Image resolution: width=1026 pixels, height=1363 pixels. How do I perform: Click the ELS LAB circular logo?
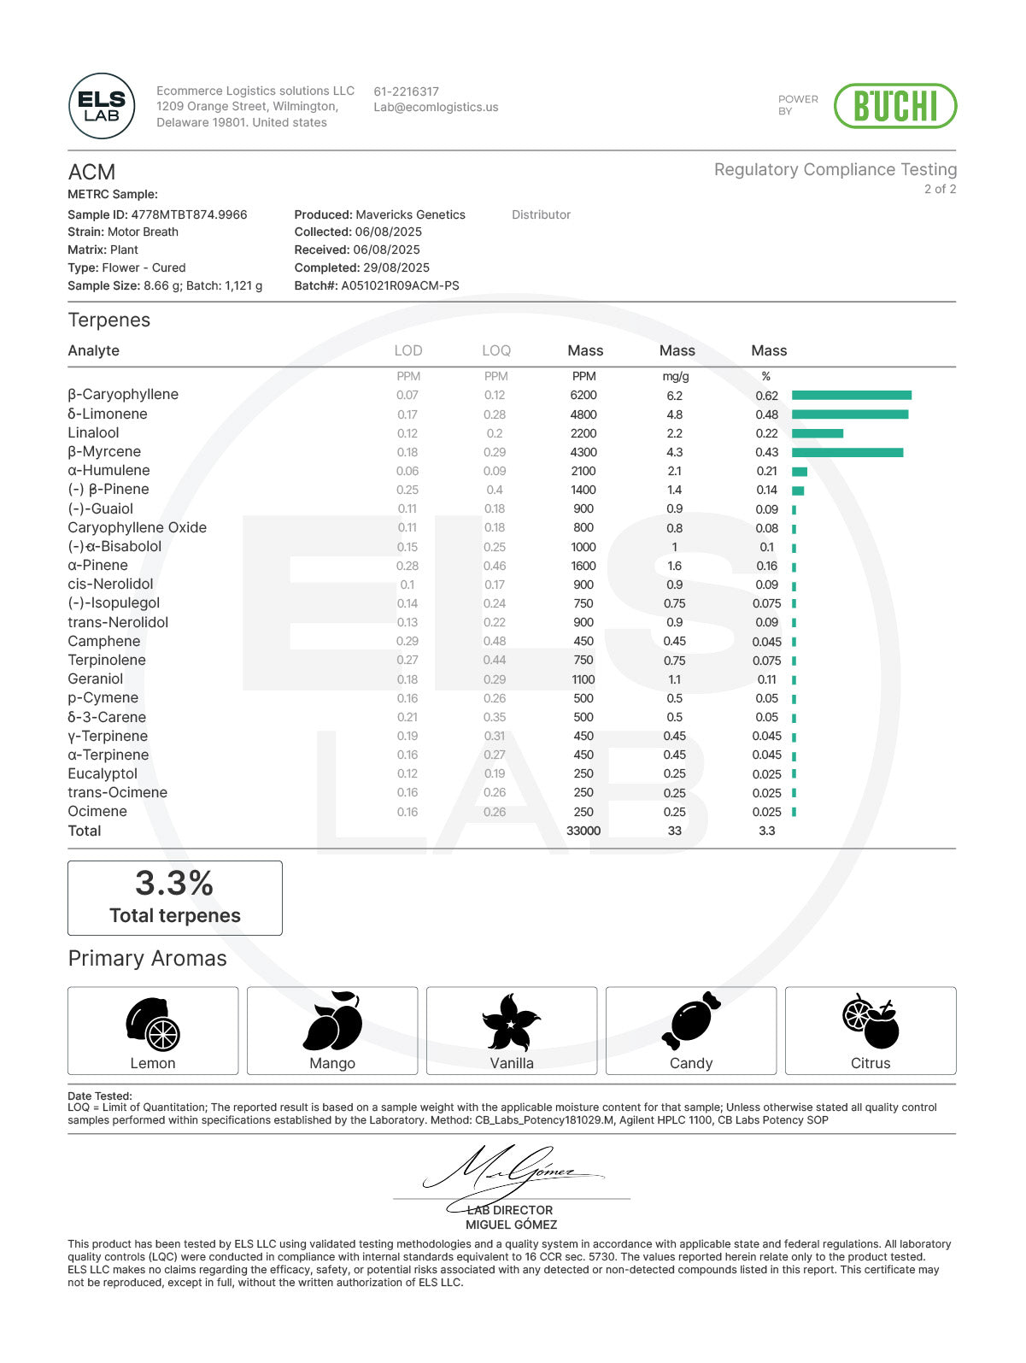102,106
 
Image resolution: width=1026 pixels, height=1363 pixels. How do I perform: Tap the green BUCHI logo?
894,106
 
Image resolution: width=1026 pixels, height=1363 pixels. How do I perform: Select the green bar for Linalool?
817,433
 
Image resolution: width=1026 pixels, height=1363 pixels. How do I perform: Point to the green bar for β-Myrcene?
847,452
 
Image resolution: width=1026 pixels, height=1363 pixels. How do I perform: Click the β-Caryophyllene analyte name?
123,395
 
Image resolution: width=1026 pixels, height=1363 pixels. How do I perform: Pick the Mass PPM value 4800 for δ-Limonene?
583,414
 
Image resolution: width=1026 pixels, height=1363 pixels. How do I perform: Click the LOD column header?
408,350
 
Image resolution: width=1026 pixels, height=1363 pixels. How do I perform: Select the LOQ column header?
495,350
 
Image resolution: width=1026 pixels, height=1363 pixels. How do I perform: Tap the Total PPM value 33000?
583,831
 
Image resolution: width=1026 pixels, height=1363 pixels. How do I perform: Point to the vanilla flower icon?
511,1022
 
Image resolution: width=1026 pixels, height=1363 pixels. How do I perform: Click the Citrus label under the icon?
870,1063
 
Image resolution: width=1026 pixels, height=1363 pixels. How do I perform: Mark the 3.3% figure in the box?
174,883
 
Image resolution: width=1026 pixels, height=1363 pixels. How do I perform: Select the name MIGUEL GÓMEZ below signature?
511,1225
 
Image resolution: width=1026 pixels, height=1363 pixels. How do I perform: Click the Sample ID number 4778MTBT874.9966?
189,214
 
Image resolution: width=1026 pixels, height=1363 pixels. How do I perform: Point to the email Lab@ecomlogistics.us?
436,108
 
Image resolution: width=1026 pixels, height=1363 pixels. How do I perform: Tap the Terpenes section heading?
109,320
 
